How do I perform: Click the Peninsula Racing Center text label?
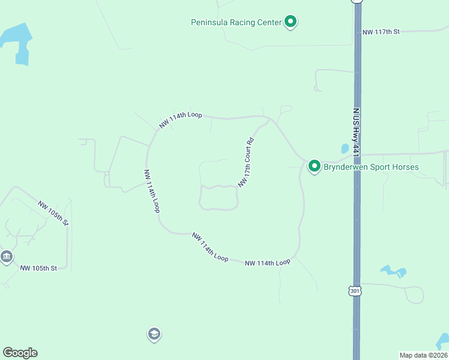pyautogui.click(x=236, y=22)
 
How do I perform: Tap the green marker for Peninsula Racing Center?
pyautogui.click(x=291, y=22)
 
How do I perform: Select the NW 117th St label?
pyautogui.click(x=381, y=31)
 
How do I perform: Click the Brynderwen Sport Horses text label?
pyautogui.click(x=371, y=167)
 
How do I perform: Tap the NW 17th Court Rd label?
pyautogui.click(x=247, y=163)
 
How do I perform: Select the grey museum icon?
pyautogui.click(x=7, y=257)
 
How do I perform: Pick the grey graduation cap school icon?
pyautogui.click(x=154, y=334)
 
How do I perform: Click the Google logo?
pyautogui.click(x=20, y=353)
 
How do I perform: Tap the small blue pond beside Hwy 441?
pyautogui.click(x=345, y=148)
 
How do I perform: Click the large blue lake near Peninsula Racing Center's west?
pyautogui.click(x=17, y=43)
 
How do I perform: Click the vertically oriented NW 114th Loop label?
pyautogui.click(x=151, y=190)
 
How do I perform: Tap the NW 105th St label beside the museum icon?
pyautogui.click(x=38, y=268)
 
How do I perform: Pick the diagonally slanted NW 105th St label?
pyautogui.click(x=53, y=213)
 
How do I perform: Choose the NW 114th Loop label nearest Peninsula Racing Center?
pyautogui.click(x=180, y=119)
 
